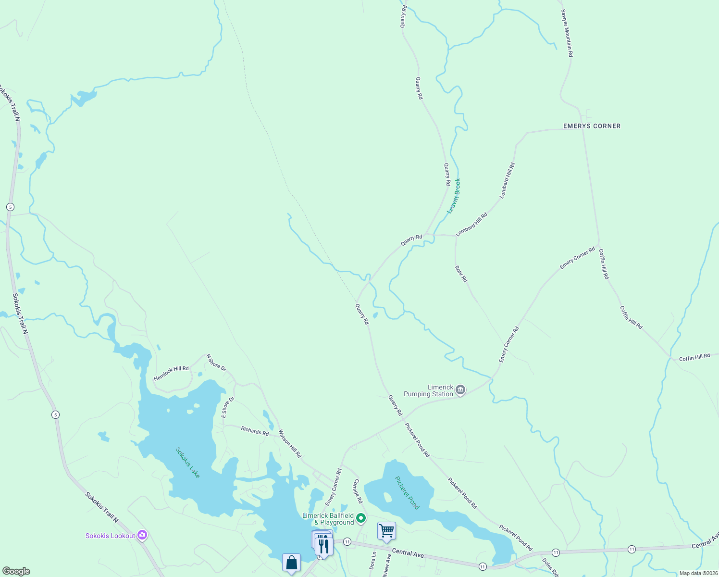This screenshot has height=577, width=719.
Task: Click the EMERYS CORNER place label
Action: [x=592, y=126]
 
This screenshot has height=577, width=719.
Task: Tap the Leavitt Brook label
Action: [x=454, y=196]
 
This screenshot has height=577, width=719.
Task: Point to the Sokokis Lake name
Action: [x=187, y=463]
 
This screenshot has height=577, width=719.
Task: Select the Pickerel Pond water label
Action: [x=407, y=492]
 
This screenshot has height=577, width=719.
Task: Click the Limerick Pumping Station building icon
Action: [x=460, y=390]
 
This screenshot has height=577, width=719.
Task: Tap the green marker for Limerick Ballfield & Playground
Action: [x=361, y=518]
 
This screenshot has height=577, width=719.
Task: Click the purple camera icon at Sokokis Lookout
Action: [x=142, y=535]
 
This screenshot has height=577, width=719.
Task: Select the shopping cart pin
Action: [x=386, y=531]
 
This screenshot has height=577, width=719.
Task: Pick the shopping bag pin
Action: [x=291, y=563]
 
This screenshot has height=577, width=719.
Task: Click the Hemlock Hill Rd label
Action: [x=171, y=373]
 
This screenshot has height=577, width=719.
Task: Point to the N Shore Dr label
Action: [x=216, y=363]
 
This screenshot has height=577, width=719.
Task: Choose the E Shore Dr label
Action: [x=227, y=407]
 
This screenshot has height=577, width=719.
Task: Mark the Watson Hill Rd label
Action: [x=290, y=443]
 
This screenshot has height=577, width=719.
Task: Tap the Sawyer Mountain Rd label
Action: [x=567, y=33]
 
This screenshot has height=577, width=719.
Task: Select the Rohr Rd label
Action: [x=461, y=273]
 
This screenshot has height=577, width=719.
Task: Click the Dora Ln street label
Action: [x=373, y=560]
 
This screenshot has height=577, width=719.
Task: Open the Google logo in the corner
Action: [x=16, y=571]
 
